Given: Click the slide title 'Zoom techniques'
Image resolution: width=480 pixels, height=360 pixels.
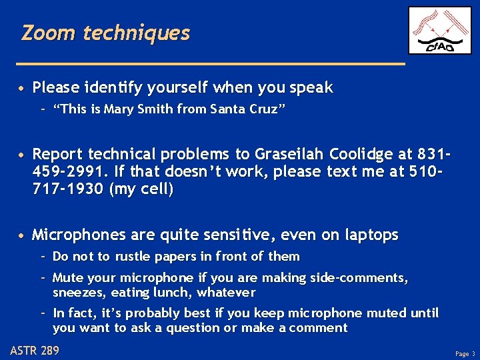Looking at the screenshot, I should [x=105, y=33].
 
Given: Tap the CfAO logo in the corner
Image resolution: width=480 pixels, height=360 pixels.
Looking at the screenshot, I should [x=439, y=31].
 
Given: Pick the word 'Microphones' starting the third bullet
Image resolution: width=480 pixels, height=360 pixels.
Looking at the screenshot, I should [x=74, y=235].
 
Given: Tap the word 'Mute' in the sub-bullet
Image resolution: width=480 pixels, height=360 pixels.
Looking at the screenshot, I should [x=67, y=278].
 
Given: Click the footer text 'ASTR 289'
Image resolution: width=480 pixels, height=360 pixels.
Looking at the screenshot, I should [x=35, y=350].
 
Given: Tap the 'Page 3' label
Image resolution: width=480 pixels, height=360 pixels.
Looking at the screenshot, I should [x=465, y=353].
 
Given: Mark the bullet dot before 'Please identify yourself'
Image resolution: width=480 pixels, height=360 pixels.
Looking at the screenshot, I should [x=23, y=88].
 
